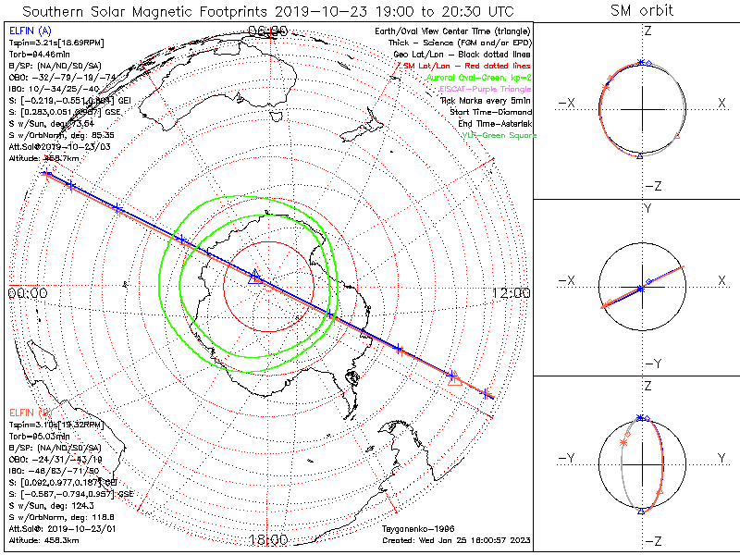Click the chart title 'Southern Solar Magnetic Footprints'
(x=176, y=11)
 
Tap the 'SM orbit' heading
(x=642, y=11)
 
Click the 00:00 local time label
(x=27, y=293)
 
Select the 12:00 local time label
(x=512, y=293)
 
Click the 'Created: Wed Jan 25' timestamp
(x=455, y=539)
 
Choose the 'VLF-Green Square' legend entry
(x=499, y=135)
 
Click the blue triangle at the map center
(x=256, y=275)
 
